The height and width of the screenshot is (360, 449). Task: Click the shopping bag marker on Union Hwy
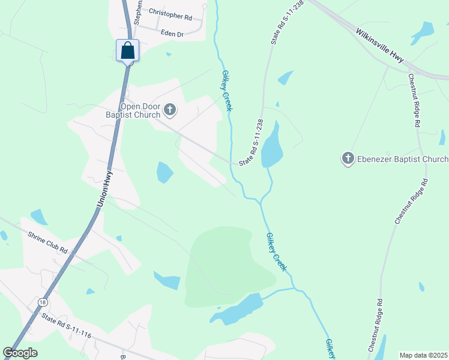click(128, 50)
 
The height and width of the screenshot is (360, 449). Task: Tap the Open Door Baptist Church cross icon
click(170, 110)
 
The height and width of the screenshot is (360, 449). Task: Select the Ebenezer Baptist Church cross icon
click(348, 158)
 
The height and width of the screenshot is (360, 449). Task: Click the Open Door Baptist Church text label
click(140, 110)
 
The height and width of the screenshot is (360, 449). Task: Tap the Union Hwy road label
click(104, 189)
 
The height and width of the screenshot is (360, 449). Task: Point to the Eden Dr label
click(172, 34)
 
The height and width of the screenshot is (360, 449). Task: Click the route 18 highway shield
click(41, 302)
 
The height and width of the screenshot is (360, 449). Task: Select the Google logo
click(20, 353)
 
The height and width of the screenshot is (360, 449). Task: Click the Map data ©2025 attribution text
click(423, 355)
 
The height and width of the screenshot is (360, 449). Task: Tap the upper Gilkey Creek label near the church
click(226, 91)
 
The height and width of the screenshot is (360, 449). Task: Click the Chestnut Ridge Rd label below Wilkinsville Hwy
click(414, 100)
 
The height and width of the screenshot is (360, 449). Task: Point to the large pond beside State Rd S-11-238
click(273, 146)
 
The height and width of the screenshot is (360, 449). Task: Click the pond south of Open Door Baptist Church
click(164, 172)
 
